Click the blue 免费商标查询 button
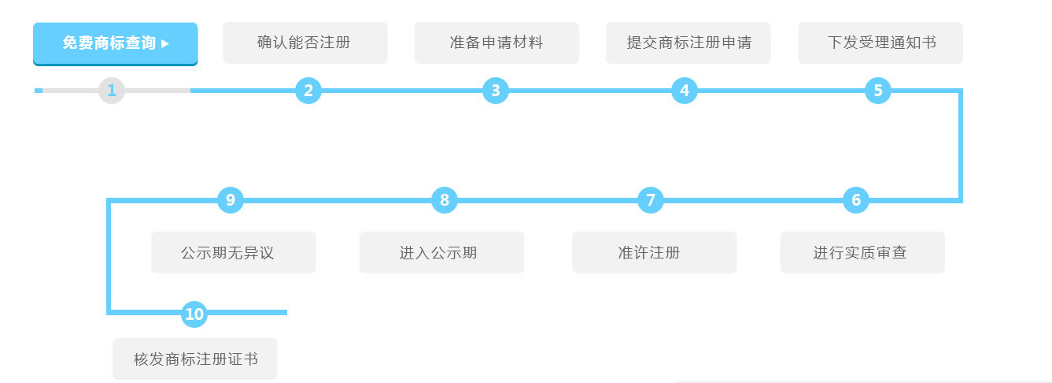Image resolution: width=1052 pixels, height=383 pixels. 115,43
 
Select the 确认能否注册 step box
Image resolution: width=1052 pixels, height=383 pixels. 305,43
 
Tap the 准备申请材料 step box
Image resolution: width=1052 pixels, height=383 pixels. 496,43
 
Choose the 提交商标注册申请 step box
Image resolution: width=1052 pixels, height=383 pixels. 688,43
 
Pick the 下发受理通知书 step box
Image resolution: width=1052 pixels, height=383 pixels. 880,43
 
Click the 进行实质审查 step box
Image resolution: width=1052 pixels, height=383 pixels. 862,252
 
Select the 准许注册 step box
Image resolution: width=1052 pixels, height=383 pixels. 654,252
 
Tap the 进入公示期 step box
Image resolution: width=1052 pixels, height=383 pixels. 441,252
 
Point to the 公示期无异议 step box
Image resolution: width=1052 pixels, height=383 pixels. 234,252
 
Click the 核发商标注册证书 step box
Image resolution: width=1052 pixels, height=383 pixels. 195,359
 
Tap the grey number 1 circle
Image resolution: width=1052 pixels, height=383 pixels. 112,91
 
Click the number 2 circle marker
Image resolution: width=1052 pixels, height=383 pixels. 308,91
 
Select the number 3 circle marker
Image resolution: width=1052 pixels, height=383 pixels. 496,91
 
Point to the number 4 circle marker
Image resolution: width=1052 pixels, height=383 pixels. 685,91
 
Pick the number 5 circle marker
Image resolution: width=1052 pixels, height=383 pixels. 878,91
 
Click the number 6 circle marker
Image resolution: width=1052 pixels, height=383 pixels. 856,200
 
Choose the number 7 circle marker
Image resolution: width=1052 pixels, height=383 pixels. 651,200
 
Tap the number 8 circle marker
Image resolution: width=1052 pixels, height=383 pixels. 445,200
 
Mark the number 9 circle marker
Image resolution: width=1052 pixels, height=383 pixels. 231,200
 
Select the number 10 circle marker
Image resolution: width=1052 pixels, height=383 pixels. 194,314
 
